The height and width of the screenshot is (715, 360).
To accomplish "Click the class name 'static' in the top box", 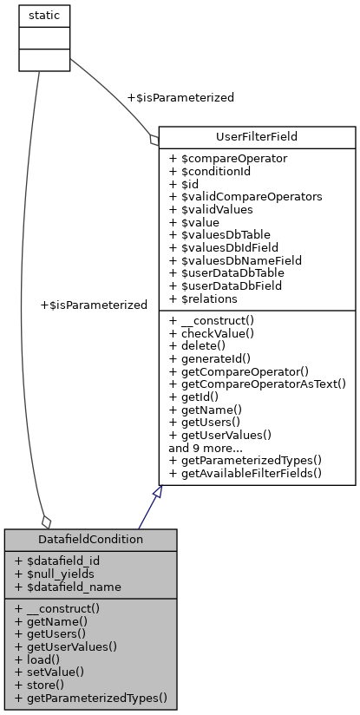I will click(x=44, y=16).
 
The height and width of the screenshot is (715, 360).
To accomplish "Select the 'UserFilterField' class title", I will click(x=257, y=137).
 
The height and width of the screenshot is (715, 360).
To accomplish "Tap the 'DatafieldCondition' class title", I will click(x=90, y=540).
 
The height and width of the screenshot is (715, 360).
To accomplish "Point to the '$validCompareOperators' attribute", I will click(x=245, y=197).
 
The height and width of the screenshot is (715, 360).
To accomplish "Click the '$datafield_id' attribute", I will click(x=62, y=561).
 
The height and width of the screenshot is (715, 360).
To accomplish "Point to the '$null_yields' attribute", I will click(x=59, y=574).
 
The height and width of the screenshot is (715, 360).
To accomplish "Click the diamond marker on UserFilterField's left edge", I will click(x=154, y=138).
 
